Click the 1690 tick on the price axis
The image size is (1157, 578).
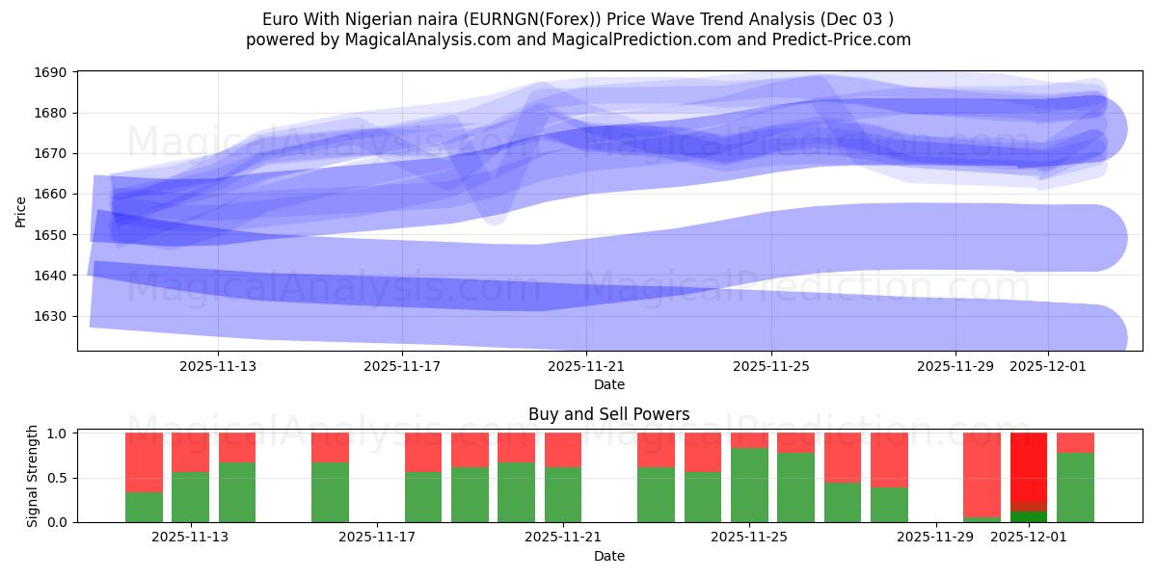tap(52, 72)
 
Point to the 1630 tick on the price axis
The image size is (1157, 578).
tap(52, 316)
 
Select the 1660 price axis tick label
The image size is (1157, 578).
tap(52, 195)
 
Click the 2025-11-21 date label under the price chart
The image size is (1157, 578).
tap(586, 366)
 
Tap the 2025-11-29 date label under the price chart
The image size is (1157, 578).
tap(955, 366)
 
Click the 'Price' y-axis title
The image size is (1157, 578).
tap(21, 211)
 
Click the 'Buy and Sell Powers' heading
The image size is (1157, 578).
tap(608, 415)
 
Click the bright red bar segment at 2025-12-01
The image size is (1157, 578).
tap(1029, 467)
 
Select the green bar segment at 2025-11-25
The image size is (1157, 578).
tap(749, 485)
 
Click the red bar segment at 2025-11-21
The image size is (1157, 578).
tap(563, 449)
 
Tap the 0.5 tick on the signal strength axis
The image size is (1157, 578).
tap(57, 478)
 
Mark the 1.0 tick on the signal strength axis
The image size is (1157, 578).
tap(57, 433)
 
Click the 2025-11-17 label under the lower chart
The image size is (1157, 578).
tap(376, 537)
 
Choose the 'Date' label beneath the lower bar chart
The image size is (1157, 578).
tap(608, 556)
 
